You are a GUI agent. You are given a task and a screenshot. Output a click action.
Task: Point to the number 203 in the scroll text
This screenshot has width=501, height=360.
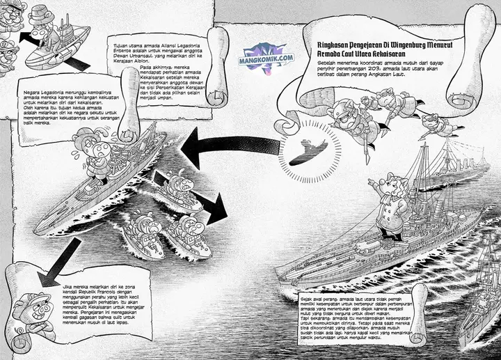coord(390,71)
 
